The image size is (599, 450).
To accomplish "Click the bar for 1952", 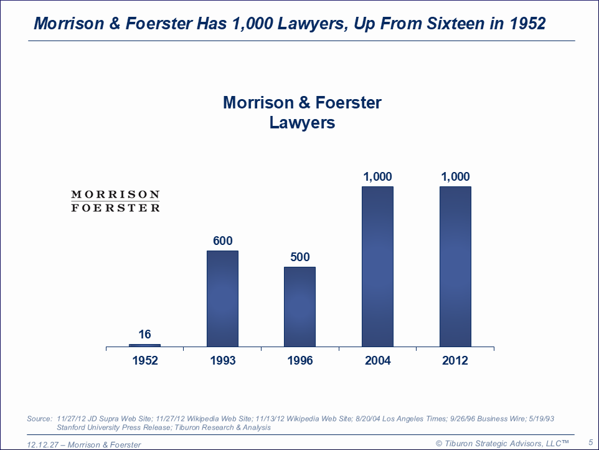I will [144, 345].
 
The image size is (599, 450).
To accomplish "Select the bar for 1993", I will [222, 299].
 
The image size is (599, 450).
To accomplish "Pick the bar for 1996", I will [300, 307].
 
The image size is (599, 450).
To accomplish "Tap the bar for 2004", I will [377, 267].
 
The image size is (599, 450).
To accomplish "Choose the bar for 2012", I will [455, 267].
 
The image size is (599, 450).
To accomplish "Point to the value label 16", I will [144, 335].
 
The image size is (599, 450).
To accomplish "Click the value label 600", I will [222, 241].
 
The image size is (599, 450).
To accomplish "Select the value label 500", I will [300, 257].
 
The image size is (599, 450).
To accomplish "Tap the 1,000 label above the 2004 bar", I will [377, 176].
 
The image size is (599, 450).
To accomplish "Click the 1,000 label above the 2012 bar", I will [455, 176].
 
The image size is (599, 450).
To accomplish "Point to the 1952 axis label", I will [144, 360].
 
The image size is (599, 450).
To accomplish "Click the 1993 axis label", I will [222, 360].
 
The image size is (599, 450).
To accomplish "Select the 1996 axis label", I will [300, 360].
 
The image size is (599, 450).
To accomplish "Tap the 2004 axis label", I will [377, 360].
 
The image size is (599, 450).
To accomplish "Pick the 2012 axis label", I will [455, 360].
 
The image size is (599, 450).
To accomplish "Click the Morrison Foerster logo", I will [115, 201].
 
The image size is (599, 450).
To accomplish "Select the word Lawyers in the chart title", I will [302, 123].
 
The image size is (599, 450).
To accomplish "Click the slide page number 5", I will [590, 442].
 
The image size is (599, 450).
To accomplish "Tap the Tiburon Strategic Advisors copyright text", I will [502, 443].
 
